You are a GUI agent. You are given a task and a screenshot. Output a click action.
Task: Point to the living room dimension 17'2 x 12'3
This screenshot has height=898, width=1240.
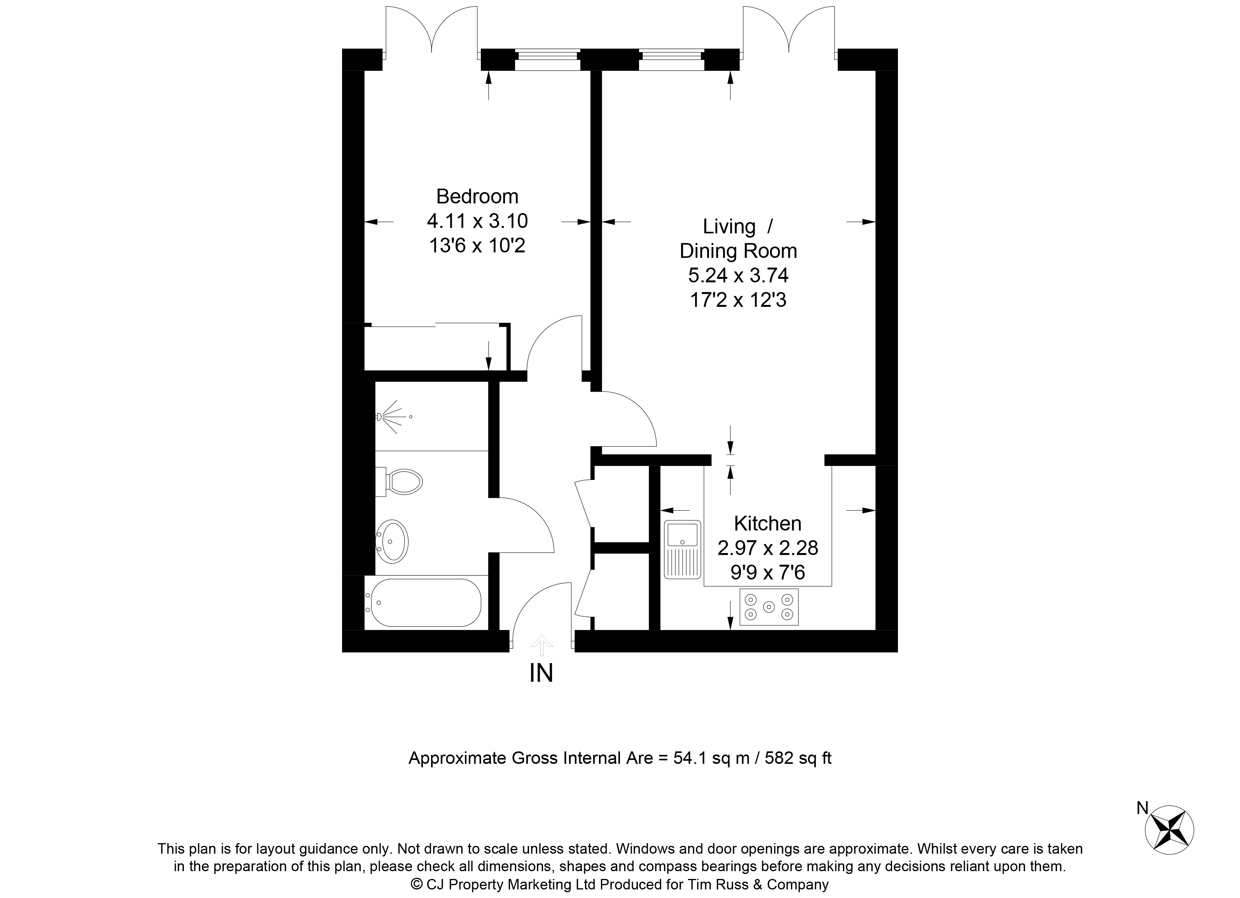coord(738,300)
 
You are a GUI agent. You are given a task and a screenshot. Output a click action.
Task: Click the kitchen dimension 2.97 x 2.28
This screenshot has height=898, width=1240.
coord(768,548)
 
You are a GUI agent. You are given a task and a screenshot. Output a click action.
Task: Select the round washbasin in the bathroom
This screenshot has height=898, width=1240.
coord(392,541)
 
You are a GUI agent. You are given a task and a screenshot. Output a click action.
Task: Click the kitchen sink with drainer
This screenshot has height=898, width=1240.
coord(682,549)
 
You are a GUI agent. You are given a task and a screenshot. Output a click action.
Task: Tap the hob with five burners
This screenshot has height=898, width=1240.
coord(769,606)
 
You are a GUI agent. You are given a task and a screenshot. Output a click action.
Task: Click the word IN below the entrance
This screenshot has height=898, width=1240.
coord(541,673)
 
